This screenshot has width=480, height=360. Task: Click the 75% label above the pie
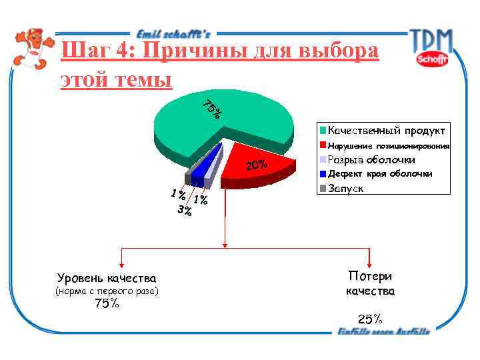[x=213, y=108]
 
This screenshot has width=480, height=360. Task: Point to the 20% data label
[x=257, y=165]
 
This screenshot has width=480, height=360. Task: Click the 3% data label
[x=185, y=211]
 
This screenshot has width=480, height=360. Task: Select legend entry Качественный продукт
[x=386, y=130]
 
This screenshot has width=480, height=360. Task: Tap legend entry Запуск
[x=345, y=189]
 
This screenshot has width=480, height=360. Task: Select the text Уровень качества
[x=107, y=278]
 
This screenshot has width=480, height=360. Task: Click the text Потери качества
[x=370, y=284]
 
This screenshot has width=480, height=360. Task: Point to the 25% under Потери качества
[x=369, y=319]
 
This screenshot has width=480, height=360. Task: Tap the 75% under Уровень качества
[x=107, y=304]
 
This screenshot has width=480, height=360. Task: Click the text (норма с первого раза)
[x=107, y=291]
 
